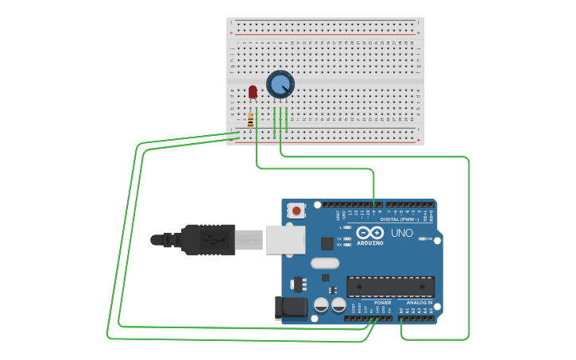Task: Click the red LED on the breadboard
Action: [253, 92]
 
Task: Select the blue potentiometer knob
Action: [280, 84]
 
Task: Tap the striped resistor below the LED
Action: [250, 121]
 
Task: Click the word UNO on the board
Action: [402, 233]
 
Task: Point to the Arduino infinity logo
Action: [369, 233]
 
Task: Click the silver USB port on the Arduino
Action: [284, 239]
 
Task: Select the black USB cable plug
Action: [208, 239]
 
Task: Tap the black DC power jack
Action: [290, 308]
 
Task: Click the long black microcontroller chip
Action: [390, 287]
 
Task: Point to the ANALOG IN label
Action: [419, 303]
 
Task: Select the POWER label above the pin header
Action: [382, 303]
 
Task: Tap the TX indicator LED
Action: [347, 238]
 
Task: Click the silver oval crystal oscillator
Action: [325, 263]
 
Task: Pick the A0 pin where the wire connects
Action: [401, 318]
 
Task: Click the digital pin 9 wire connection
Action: [373, 205]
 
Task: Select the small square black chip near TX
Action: [327, 243]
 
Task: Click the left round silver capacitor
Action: [321, 304]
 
